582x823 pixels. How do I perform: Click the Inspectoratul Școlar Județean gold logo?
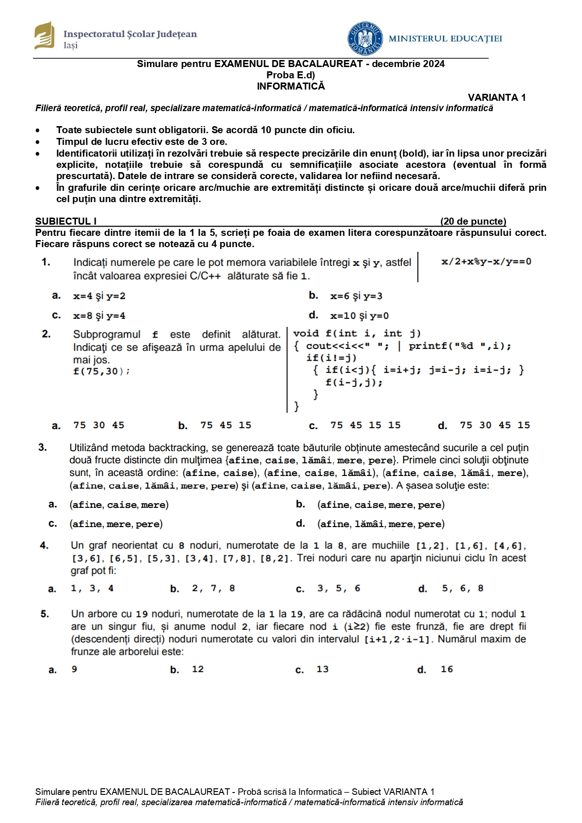click(44, 35)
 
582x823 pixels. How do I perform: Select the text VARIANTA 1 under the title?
click(497, 98)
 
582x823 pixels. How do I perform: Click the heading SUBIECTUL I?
click(66, 221)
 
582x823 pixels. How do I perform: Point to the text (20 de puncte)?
click(473, 221)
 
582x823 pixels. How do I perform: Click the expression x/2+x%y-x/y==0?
click(486, 262)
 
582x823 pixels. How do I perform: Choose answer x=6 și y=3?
click(356, 296)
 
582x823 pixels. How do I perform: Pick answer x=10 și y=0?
click(359, 316)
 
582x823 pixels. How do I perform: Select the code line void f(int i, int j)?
click(357, 333)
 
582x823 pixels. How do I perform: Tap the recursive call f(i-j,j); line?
click(354, 382)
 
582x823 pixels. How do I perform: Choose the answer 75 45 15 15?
click(365, 425)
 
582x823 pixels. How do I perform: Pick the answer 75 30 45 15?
click(495, 425)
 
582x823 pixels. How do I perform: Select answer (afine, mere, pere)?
click(116, 524)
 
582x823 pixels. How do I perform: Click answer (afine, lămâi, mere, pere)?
click(381, 524)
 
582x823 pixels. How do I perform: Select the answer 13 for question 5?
click(323, 669)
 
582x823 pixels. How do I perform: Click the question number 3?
click(43, 447)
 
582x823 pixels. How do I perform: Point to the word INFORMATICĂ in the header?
click(291, 86)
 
